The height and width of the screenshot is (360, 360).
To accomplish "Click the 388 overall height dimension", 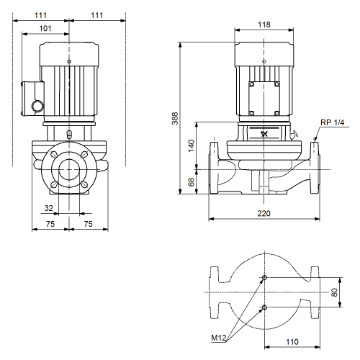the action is pyautogui.click(x=175, y=118).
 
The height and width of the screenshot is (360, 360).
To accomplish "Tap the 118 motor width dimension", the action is pyautogui.click(x=264, y=24).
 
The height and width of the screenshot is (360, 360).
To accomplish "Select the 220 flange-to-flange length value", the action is pyautogui.click(x=264, y=213).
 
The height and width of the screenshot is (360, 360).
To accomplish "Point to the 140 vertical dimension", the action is pyautogui.click(x=191, y=145).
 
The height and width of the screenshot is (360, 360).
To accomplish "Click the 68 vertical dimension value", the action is pyautogui.click(x=191, y=182).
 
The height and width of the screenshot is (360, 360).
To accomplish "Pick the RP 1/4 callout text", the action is pyautogui.click(x=332, y=122).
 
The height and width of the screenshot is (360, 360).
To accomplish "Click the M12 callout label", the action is pyautogui.click(x=219, y=338).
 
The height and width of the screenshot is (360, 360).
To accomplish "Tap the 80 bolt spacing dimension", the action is pyautogui.click(x=334, y=292).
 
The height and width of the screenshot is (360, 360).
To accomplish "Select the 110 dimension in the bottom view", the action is pyautogui.click(x=292, y=342).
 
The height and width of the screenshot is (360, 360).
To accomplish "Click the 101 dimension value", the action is pyautogui.click(x=45, y=29).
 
